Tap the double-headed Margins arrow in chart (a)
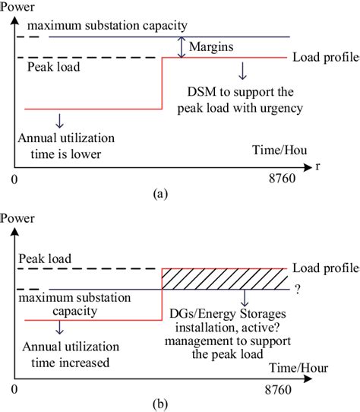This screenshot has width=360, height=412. (x=181, y=46)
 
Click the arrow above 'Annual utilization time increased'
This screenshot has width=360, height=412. (x=59, y=328)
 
